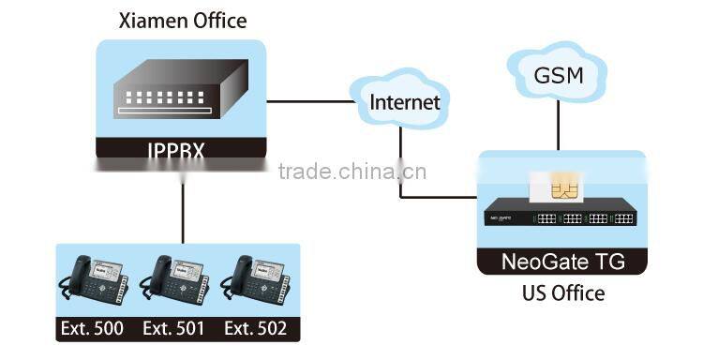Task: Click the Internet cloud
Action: click(x=403, y=101)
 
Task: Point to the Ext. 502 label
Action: click(x=256, y=329)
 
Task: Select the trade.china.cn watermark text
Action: click(x=351, y=172)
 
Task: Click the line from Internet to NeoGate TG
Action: click(x=401, y=169)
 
